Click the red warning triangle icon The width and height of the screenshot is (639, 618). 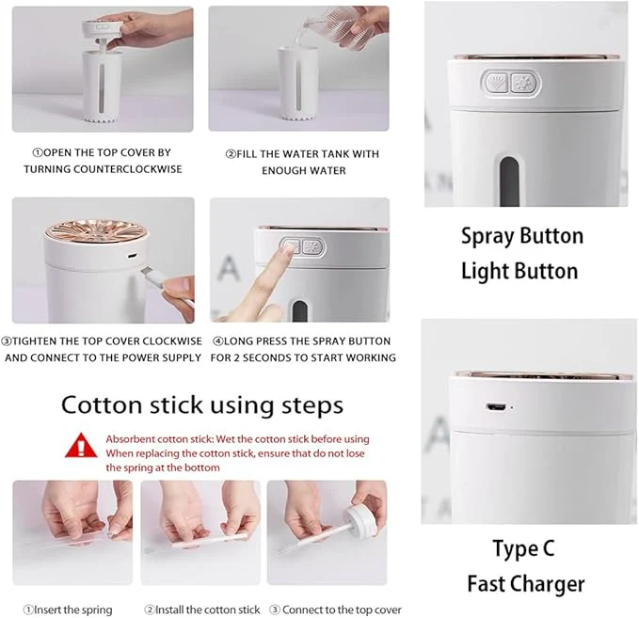[x=81, y=446]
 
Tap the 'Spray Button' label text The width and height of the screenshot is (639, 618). [x=522, y=236]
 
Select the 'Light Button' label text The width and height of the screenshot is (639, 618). [x=519, y=271]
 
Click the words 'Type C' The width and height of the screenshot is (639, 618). [x=523, y=548]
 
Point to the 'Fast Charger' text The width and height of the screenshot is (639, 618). [x=526, y=584]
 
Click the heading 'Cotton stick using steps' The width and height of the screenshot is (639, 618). [x=202, y=405]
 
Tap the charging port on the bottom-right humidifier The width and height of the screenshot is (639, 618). [x=495, y=407]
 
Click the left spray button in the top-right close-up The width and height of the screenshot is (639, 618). [x=497, y=83]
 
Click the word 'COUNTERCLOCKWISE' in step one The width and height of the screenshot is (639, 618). [x=128, y=169]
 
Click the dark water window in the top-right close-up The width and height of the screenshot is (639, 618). [x=509, y=182]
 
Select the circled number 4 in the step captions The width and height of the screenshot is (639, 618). [x=217, y=341]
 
